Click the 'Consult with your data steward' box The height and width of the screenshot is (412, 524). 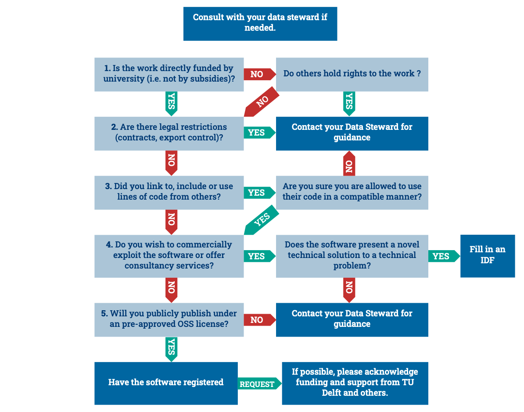point(260,24)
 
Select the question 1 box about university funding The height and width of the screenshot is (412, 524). point(169,75)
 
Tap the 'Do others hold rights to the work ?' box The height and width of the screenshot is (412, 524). point(352,75)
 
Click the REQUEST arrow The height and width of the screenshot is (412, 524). point(260,383)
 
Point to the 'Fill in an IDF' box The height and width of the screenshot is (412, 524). point(488,256)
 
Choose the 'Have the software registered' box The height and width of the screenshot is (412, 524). point(166,383)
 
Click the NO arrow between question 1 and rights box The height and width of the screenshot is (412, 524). point(260,74)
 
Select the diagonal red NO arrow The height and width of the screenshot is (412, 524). point(262,102)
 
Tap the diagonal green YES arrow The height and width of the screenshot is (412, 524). point(262,220)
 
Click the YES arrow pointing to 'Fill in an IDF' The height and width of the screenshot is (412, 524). point(444,256)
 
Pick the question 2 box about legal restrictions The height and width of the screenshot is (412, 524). point(169,133)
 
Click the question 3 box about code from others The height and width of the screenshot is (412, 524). point(169,193)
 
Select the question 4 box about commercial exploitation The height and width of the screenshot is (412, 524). point(169,256)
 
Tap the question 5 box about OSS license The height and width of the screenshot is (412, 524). point(169,320)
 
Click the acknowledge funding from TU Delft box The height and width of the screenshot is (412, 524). point(355,383)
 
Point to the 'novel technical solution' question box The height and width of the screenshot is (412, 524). point(352,256)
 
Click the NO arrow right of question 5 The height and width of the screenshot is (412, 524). point(260,320)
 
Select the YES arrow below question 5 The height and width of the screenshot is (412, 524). point(172,349)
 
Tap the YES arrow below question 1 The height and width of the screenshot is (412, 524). point(172,104)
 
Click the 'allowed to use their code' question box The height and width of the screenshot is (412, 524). point(352,193)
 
